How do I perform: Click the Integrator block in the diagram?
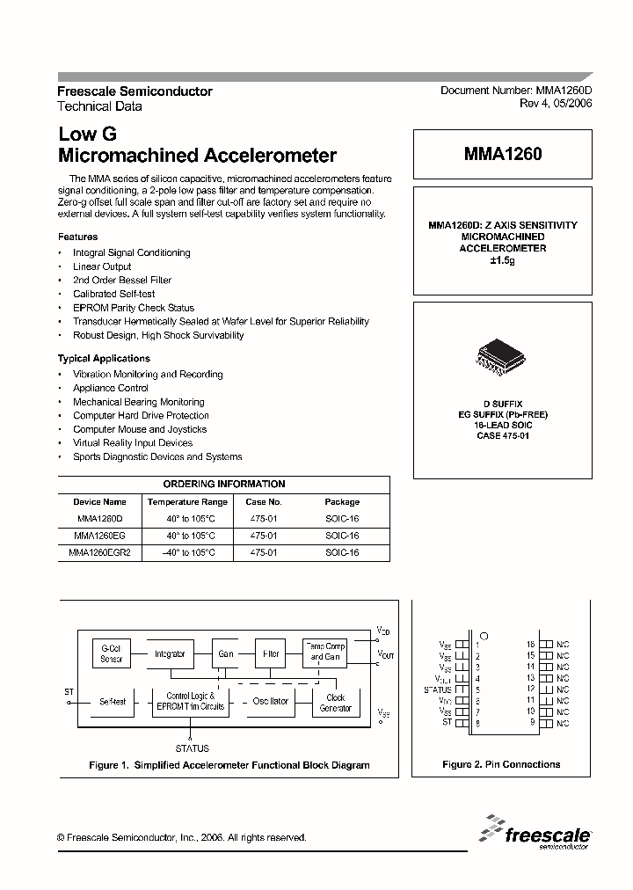(x=169, y=654)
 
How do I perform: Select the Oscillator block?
(x=270, y=701)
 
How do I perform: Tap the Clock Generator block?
(x=335, y=703)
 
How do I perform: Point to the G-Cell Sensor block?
(x=112, y=653)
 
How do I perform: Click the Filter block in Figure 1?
(x=271, y=654)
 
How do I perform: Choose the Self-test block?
(x=113, y=702)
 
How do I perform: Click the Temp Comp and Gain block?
(x=324, y=652)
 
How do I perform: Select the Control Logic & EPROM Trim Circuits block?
(x=190, y=701)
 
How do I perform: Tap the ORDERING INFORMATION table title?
(x=224, y=484)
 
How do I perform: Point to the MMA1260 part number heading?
(x=502, y=153)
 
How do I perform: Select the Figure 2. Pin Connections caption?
(x=501, y=765)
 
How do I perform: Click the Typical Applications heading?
(x=104, y=359)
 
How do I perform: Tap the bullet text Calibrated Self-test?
(x=114, y=294)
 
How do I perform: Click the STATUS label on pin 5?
(x=438, y=690)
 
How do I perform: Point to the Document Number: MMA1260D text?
(x=516, y=91)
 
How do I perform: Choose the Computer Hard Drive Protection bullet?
(x=141, y=415)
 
